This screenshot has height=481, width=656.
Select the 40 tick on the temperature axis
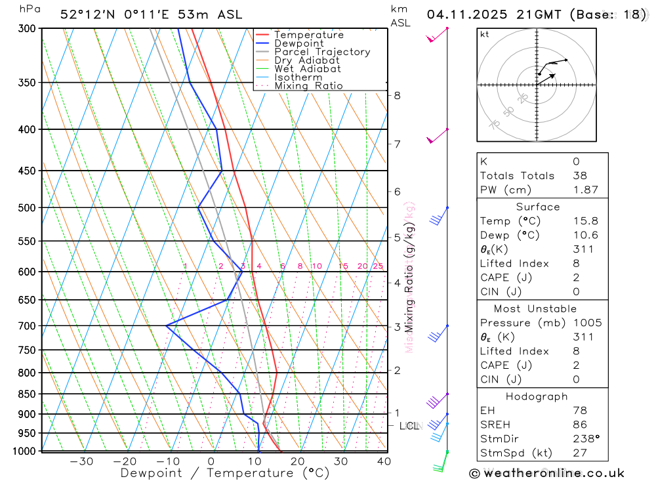click(x=384, y=461)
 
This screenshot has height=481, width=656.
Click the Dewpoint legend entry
click(x=298, y=43)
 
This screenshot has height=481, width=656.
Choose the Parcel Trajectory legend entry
click(x=322, y=52)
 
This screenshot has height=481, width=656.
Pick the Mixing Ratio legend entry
click(x=308, y=86)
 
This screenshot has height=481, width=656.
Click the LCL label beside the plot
click(x=409, y=426)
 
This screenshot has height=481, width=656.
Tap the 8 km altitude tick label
click(x=397, y=95)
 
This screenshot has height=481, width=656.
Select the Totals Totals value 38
click(x=579, y=176)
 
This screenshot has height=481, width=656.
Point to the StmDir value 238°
click(x=584, y=439)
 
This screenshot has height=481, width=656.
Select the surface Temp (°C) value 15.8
click(x=585, y=221)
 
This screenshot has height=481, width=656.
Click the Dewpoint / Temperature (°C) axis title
click(x=225, y=473)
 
